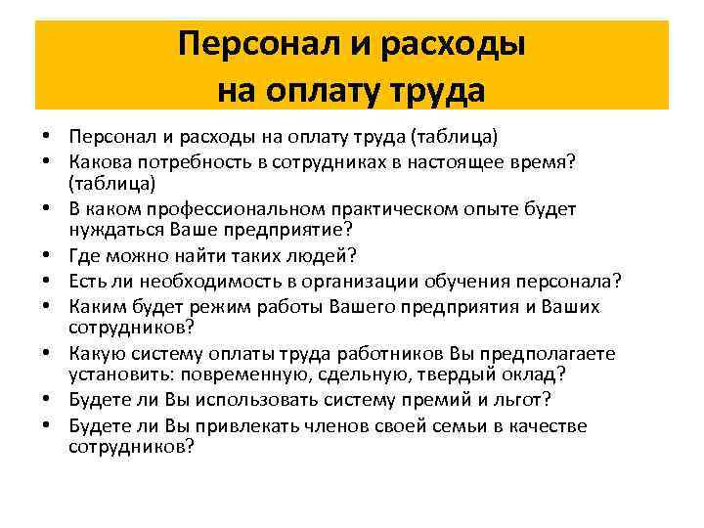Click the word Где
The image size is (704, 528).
(x=85, y=257)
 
